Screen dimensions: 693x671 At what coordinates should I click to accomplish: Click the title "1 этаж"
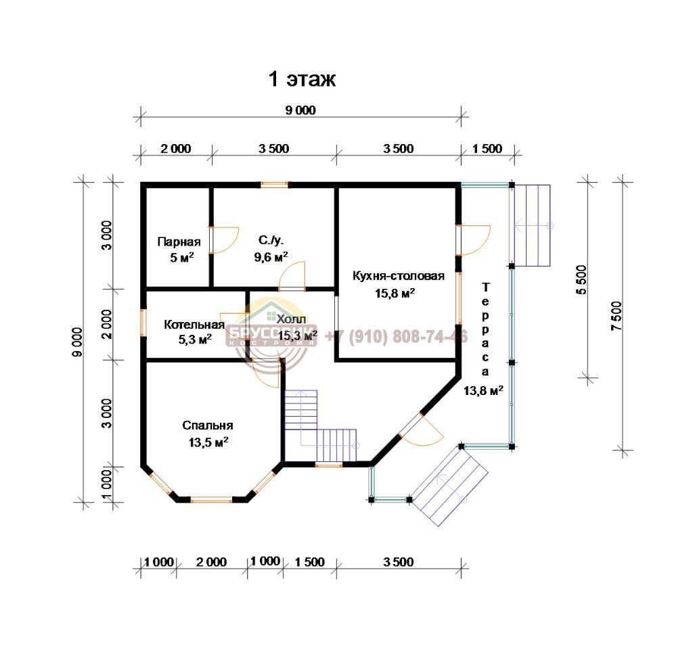(x=303, y=80)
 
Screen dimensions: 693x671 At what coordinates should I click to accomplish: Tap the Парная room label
(x=179, y=242)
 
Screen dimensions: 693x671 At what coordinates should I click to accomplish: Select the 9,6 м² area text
(x=271, y=256)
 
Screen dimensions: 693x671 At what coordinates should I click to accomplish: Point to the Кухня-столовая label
(x=398, y=276)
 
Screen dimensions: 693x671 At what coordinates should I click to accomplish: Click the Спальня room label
(x=208, y=425)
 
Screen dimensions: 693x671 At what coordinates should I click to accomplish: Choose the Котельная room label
(x=194, y=325)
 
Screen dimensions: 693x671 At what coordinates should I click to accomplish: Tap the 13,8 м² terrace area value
(x=483, y=390)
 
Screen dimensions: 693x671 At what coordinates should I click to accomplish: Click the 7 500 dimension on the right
(x=617, y=316)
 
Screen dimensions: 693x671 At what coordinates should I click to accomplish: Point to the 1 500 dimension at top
(x=487, y=149)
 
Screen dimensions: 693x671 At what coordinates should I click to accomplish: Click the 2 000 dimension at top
(x=176, y=149)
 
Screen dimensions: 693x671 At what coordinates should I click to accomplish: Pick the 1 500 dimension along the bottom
(x=310, y=562)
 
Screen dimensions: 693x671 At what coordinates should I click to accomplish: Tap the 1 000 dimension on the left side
(x=106, y=484)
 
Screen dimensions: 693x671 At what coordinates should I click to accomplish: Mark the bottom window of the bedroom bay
(x=211, y=500)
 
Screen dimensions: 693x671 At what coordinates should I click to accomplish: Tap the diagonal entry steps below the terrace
(x=450, y=485)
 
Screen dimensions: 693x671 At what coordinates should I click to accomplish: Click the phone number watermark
(x=397, y=337)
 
